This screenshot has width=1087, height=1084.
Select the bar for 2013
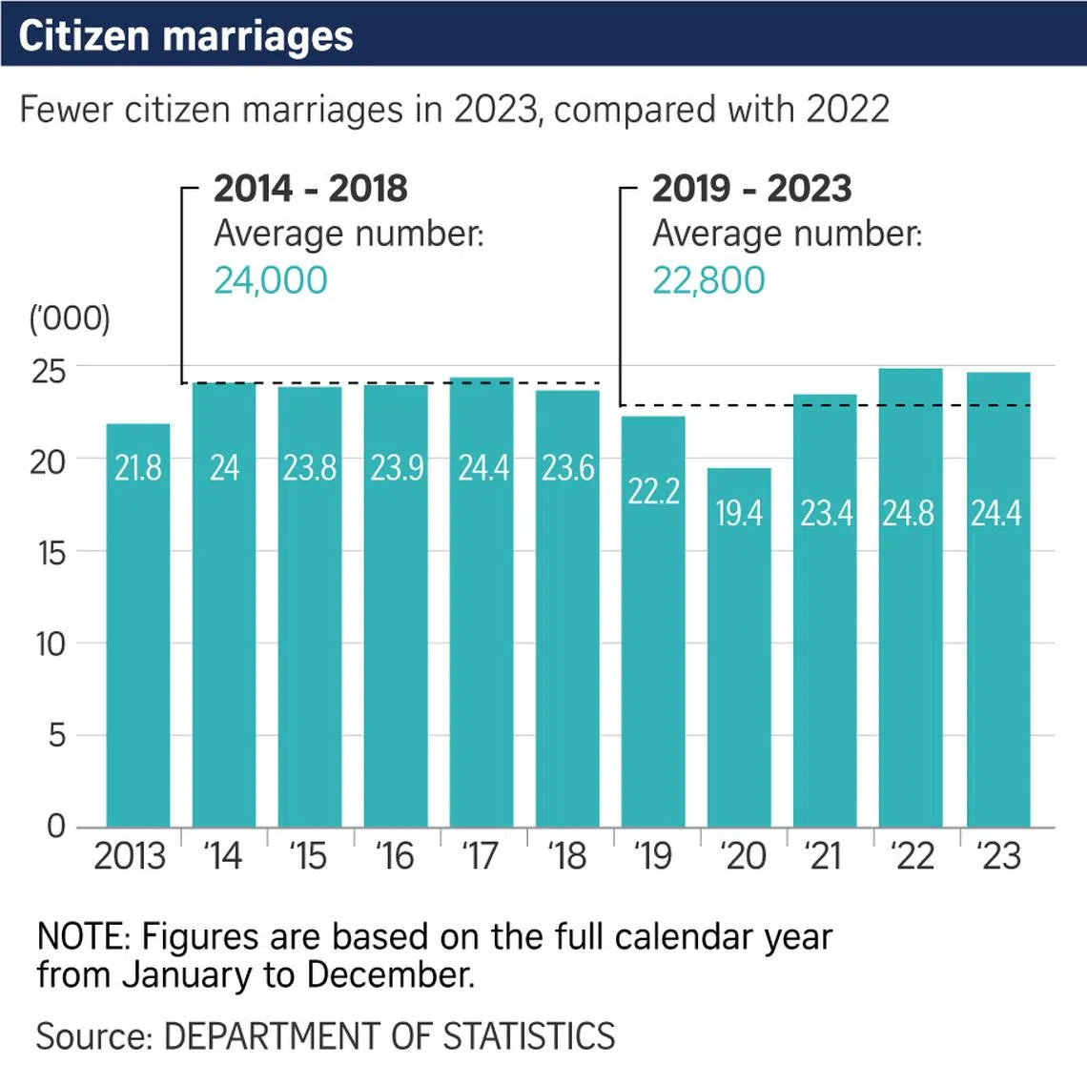(138, 629)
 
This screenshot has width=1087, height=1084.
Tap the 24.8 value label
(908, 514)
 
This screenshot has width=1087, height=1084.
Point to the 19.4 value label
(739, 514)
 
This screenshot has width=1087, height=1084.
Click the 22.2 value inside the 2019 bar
(653, 491)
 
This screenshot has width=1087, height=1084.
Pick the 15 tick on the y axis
(52, 553)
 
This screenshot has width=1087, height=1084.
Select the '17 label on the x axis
(481, 856)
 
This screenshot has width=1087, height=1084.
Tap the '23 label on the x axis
(998, 856)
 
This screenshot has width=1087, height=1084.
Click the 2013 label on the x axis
(130, 856)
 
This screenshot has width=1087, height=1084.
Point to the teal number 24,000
(271, 280)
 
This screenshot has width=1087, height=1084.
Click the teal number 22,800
(708, 280)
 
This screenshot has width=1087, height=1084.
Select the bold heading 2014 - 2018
(311, 189)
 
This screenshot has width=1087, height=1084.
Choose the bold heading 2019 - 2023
(751, 189)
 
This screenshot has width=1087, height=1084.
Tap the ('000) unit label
(70, 318)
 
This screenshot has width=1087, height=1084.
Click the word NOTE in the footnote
(82, 937)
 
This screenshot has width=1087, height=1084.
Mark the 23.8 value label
(310, 468)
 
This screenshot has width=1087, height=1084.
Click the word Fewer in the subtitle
(67, 110)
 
